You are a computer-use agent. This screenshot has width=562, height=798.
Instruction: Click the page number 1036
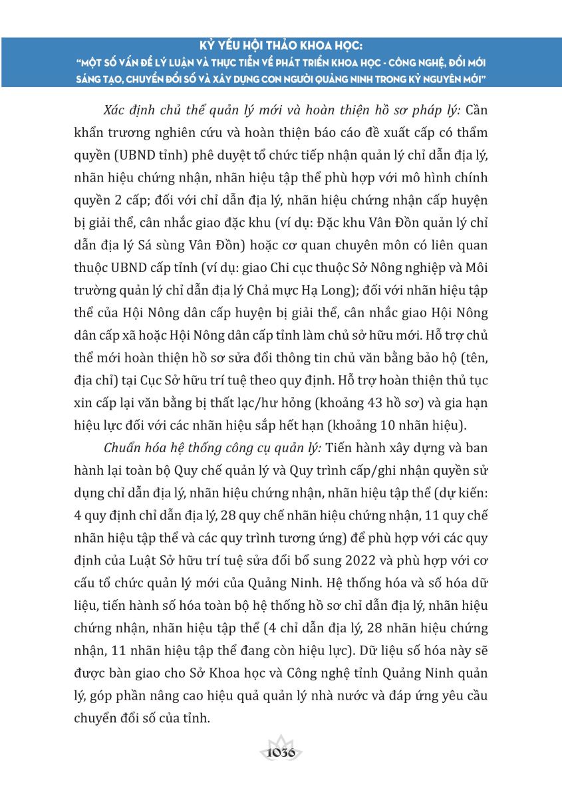[x=281, y=753]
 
